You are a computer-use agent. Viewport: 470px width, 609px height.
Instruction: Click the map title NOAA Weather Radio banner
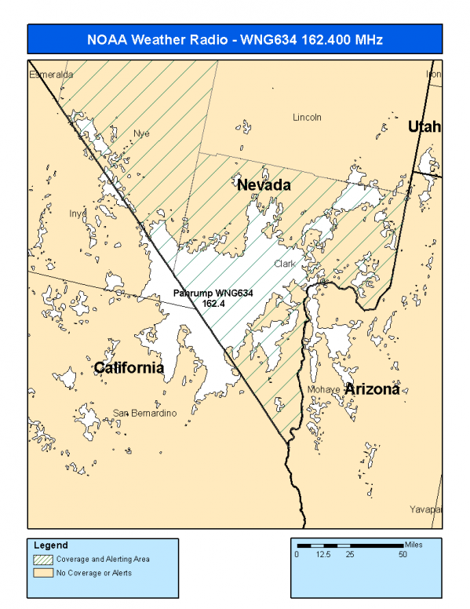[235, 38]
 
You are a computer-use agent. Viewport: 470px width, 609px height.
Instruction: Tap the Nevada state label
[264, 185]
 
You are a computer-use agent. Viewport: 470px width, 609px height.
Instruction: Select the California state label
[129, 368]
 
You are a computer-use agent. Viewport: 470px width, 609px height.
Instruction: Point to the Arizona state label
[373, 388]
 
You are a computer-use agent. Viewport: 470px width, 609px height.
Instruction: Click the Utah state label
[424, 126]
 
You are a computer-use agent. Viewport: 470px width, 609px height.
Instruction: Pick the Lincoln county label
[307, 118]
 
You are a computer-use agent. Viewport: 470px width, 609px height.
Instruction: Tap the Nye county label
[141, 133]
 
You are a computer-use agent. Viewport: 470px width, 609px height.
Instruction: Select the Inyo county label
[77, 213]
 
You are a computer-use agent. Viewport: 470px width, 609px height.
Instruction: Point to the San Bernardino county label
[144, 413]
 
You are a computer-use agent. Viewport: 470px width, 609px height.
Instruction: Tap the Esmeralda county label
[51, 75]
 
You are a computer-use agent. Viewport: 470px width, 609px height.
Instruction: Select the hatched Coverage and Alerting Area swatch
[43, 560]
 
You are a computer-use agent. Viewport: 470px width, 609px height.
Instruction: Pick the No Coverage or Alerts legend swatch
[43, 573]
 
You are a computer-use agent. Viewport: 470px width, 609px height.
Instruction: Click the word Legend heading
[51, 545]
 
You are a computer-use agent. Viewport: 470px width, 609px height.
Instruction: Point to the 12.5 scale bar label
[322, 555]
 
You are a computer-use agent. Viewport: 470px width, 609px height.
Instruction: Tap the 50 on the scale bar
[402, 555]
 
